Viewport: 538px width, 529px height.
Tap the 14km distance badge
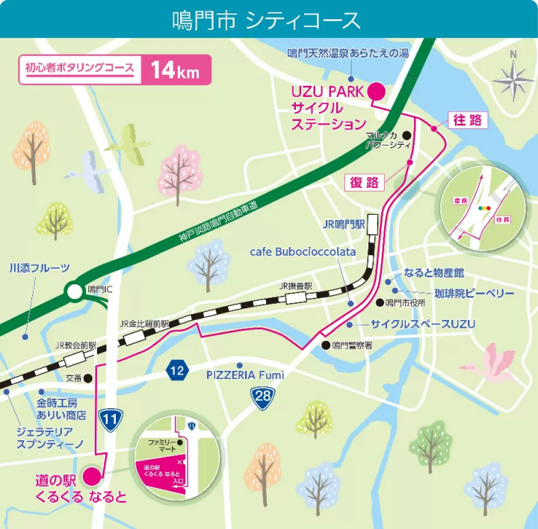(174, 71)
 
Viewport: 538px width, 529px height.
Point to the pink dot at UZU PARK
(377, 91)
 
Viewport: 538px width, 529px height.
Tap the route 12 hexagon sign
(176, 370)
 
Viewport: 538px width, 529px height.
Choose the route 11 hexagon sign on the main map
(111, 420)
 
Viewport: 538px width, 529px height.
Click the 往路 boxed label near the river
(466, 120)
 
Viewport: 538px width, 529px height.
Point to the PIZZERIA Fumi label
(246, 375)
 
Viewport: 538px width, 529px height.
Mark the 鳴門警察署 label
(352, 345)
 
